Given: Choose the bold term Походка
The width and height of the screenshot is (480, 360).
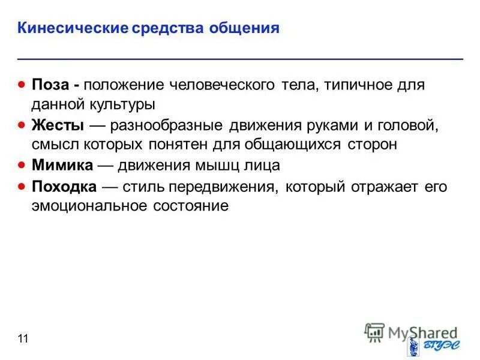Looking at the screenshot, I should (x=64, y=187).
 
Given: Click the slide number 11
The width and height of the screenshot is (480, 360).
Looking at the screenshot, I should (x=23, y=340).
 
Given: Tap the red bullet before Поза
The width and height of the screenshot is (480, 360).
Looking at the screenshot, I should (x=21, y=84).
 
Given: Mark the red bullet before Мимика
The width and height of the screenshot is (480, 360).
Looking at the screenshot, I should (x=21, y=165).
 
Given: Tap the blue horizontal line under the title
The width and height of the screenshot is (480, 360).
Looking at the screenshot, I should (x=240, y=58).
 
